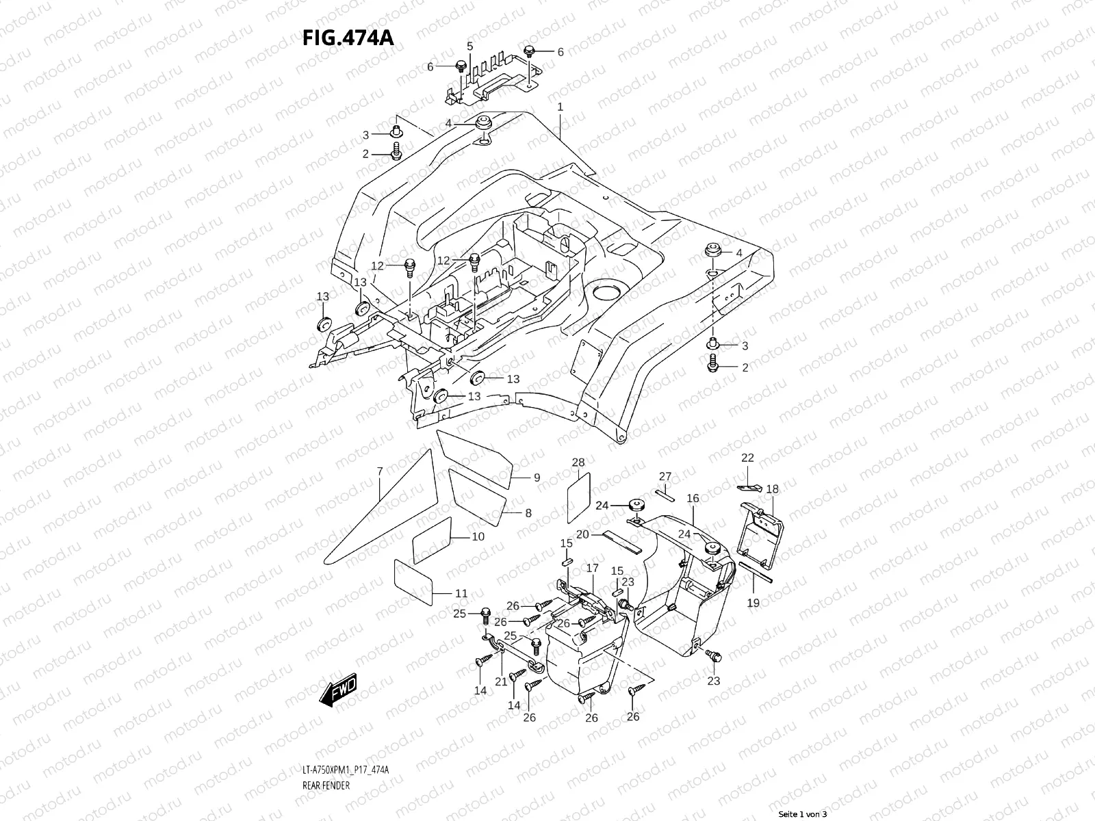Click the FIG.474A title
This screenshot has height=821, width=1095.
347,37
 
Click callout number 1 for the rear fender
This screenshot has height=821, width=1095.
560,107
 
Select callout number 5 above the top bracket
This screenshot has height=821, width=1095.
469,46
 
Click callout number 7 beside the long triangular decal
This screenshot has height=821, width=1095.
379,471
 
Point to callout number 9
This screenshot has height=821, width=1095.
537,478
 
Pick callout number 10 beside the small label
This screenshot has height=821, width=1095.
478,536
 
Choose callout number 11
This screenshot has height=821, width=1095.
461,593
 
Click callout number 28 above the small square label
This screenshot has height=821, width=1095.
578,462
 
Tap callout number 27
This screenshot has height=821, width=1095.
665,476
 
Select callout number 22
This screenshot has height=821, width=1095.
747,458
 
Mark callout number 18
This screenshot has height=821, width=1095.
772,489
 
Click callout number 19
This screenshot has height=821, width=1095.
753,603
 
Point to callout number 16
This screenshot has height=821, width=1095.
693,498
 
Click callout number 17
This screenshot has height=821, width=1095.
592,568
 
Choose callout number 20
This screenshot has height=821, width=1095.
582,534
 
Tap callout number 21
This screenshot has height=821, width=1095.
501,681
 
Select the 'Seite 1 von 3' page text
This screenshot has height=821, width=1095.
803,814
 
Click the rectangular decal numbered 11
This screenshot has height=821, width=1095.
412,580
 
